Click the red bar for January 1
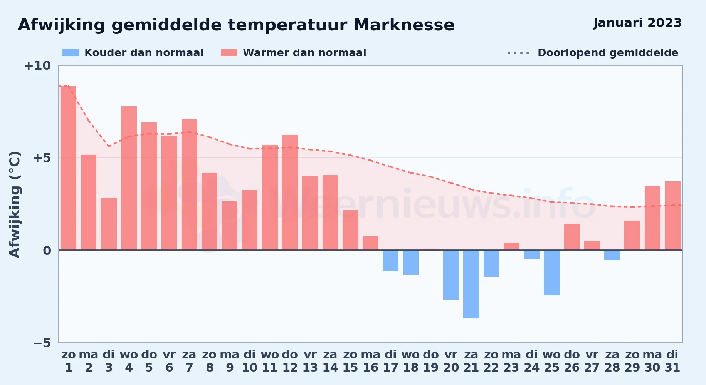68,168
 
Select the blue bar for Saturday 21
471,284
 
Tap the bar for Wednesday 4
129,178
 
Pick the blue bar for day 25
551,273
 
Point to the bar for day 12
290,192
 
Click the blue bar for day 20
451,275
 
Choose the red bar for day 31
672,216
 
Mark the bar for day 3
109,224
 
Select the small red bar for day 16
370,243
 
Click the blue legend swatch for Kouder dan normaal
71,53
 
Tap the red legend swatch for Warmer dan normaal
229,53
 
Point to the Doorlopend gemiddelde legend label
608,53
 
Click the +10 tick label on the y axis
37,65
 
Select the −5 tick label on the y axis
42,343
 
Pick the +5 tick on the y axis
42,158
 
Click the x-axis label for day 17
390,361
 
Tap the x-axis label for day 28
612,361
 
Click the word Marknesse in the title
404,25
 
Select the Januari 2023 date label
637,23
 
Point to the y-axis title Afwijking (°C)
15,204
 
